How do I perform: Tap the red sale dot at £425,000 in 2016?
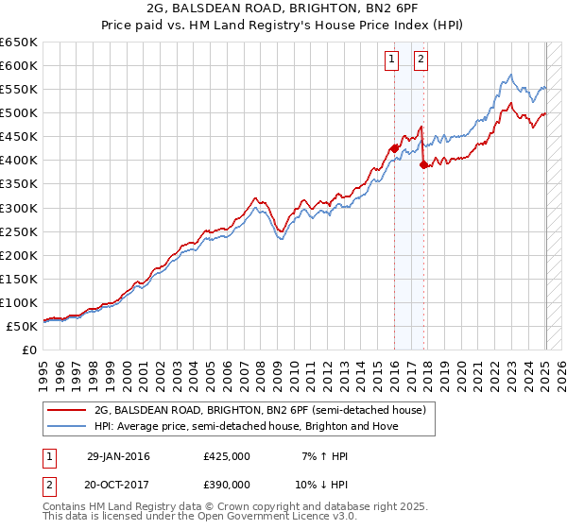tap(394, 147)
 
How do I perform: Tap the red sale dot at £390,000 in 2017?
tap(423, 164)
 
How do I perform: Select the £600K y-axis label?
tap(19, 65)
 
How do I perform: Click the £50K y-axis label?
tap(22, 326)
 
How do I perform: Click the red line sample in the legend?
tap(65, 410)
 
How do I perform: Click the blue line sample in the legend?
tap(65, 426)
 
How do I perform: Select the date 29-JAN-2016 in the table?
tap(118, 456)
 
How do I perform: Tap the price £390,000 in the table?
tap(227, 487)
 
